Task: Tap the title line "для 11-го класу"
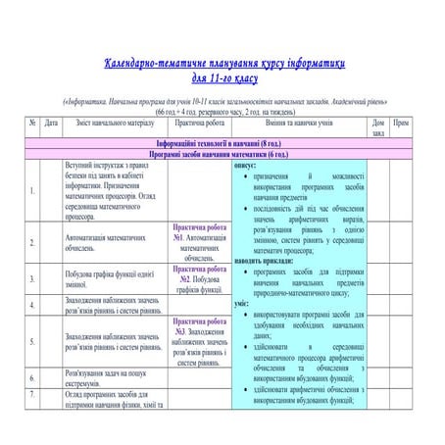[x=224, y=77]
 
